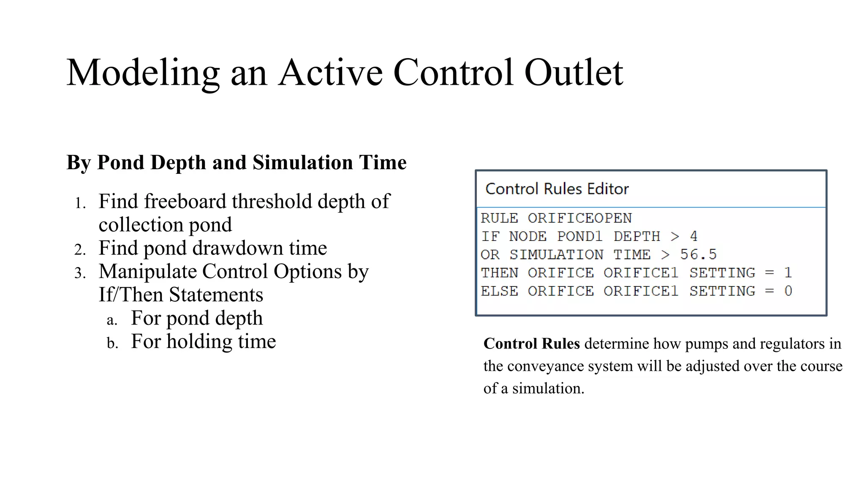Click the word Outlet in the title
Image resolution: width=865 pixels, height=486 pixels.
point(573,73)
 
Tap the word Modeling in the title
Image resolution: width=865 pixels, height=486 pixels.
point(143,73)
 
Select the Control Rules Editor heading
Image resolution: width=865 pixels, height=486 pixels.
point(557,189)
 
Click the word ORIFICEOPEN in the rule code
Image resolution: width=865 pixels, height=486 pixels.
point(579,218)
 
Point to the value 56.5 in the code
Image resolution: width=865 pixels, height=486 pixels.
point(698,254)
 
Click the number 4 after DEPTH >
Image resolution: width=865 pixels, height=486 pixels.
point(694,236)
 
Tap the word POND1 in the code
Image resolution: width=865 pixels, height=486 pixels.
point(579,236)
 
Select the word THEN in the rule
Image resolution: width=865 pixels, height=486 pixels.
point(499,273)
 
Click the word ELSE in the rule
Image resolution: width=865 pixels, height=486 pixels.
point(499,291)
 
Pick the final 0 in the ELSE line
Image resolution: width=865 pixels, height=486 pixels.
point(788,291)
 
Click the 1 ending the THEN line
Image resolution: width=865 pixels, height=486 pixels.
point(788,273)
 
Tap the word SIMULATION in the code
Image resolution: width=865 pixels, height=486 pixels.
point(556,254)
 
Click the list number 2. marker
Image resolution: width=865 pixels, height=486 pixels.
point(80,250)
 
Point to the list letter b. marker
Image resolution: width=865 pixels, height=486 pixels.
point(112,343)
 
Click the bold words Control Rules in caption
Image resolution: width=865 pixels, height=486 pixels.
point(531,344)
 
